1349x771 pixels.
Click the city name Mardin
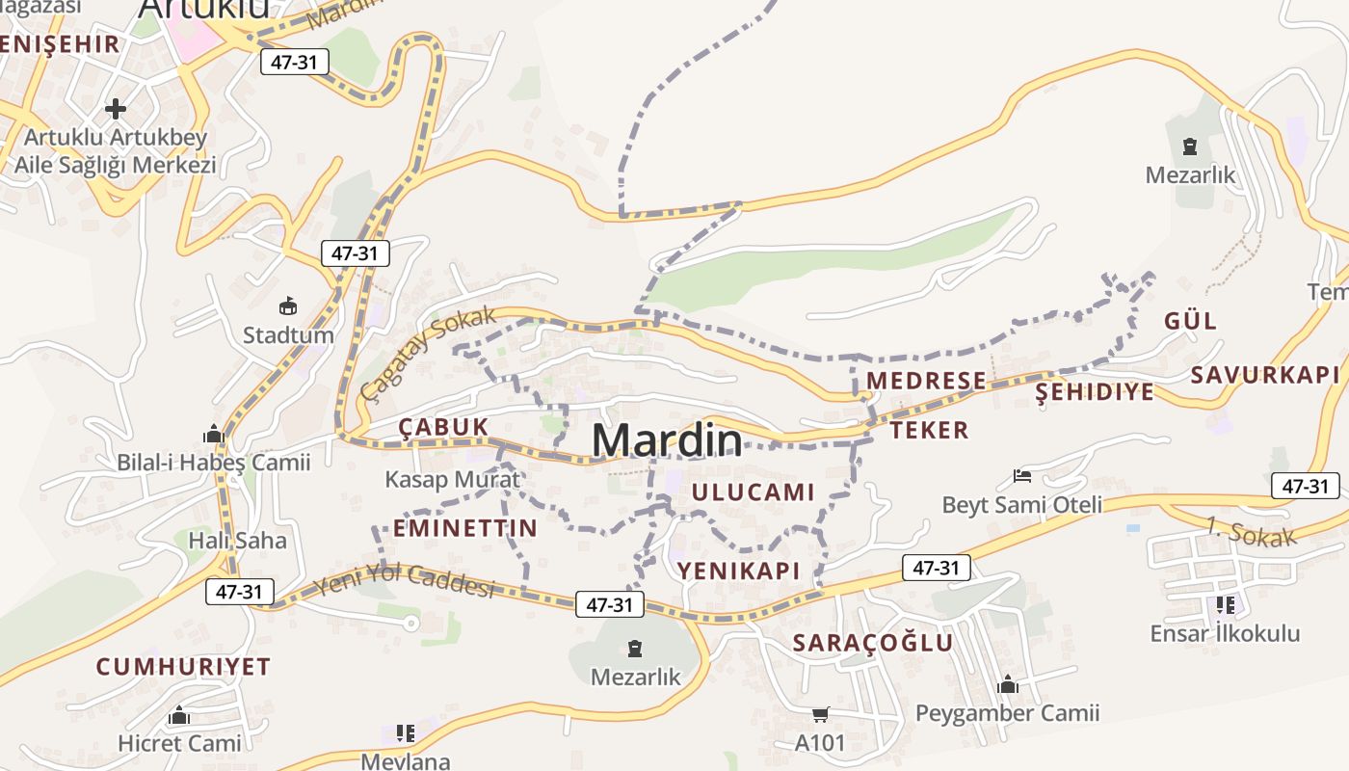(x=667, y=440)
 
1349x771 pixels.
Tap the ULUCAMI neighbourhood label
(x=754, y=492)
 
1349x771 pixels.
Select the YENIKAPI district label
(x=739, y=571)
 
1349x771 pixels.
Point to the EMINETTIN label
(x=464, y=528)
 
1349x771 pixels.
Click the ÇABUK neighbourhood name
(x=444, y=427)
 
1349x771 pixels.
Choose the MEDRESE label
(x=926, y=381)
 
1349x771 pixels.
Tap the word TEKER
(x=929, y=430)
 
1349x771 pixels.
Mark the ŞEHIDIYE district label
(x=1094, y=392)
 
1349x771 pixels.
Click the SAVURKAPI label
(x=1265, y=375)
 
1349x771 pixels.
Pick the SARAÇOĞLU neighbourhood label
(x=873, y=643)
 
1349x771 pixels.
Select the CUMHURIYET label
(x=183, y=667)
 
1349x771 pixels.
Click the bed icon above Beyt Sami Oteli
(x=1022, y=476)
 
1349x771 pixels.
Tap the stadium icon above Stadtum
(x=287, y=306)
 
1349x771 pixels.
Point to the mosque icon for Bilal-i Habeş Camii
(x=214, y=434)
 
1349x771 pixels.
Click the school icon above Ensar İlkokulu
(x=1225, y=605)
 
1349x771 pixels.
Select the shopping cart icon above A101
(x=820, y=714)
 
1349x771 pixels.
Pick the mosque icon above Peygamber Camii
(x=1007, y=684)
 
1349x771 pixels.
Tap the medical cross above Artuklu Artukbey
(x=116, y=108)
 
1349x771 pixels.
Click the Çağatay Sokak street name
(x=429, y=353)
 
